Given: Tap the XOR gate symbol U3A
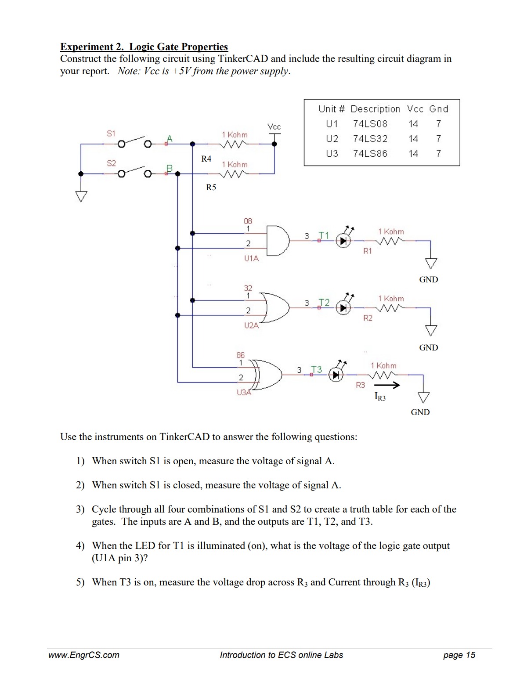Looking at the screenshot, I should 269,375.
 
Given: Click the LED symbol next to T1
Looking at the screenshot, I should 344,240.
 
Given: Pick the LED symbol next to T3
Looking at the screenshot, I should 336,375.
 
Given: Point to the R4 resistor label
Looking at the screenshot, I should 206,159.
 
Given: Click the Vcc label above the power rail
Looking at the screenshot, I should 274,127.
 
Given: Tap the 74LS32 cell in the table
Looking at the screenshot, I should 370,139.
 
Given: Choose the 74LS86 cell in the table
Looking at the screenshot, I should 370,154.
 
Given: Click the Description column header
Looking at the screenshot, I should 375,109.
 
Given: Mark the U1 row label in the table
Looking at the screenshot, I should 332,124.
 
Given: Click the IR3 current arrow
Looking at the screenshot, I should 387,386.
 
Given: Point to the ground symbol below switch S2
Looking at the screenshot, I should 81,196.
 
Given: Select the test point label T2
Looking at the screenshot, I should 324,303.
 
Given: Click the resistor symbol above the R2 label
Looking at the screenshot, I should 390,308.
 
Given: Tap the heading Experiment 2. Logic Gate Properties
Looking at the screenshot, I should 144,47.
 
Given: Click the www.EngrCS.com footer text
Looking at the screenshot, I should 83,655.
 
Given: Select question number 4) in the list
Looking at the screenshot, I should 80,545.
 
